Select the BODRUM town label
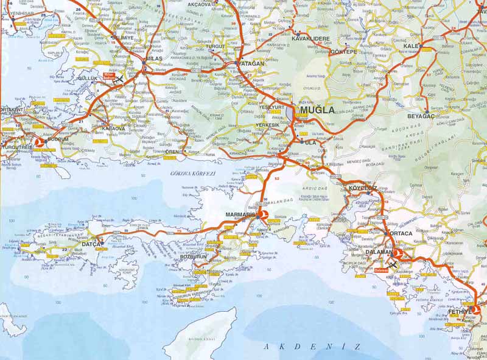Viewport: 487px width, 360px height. tap(58, 139)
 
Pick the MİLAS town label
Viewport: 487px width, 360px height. tap(155, 59)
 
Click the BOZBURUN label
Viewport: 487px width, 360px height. tap(195, 257)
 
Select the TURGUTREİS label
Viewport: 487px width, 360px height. tap(16, 147)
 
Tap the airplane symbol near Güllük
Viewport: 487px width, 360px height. tap(119, 79)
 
